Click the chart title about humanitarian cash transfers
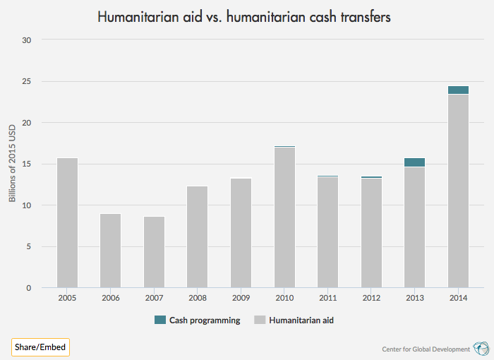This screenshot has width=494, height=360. tap(243, 16)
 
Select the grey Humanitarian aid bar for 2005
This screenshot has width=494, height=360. tap(67, 222)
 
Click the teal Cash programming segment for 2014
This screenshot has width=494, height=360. tap(458, 90)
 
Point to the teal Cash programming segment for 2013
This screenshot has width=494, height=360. tap(414, 162)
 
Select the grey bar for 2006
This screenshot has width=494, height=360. tap(110, 251)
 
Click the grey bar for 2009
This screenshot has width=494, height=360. tap(241, 233)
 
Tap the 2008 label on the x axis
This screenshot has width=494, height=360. tap(197, 298)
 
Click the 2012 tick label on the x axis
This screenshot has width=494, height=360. tap(371, 298)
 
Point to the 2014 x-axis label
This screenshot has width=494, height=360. tap(458, 298)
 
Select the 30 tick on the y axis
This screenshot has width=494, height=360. tap(27, 40)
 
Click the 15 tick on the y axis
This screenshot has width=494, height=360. tap(27, 164)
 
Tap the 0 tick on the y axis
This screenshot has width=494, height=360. tap(29, 288)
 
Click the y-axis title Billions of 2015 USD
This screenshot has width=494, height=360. tap(12, 164)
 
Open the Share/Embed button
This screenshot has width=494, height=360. tap(40, 347)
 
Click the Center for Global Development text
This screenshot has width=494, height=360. tap(426, 349)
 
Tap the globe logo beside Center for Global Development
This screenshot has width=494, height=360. tap(481, 348)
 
